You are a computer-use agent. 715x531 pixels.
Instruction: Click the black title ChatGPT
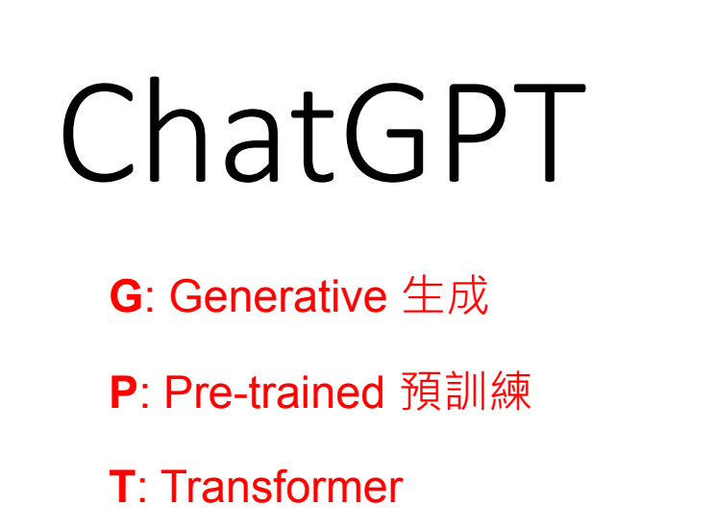pyautogui.click(x=324, y=130)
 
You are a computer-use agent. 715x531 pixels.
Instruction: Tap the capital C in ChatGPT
pyautogui.click(x=98, y=133)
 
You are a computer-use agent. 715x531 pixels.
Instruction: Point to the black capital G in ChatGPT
pyautogui.click(x=385, y=133)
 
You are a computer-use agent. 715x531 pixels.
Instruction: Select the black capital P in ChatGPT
pyautogui.click(x=477, y=133)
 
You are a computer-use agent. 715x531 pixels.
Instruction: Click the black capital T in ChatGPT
pyautogui.click(x=550, y=133)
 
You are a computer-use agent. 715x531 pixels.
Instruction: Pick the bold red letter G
pyautogui.click(x=126, y=296)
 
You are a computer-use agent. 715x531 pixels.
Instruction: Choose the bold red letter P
pyautogui.click(x=123, y=392)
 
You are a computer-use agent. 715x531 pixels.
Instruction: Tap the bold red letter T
pyautogui.click(x=123, y=487)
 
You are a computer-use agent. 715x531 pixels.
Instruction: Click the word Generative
pyautogui.click(x=278, y=296)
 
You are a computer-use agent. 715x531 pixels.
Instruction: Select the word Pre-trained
pyautogui.click(x=274, y=392)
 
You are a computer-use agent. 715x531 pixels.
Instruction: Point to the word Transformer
pyautogui.click(x=282, y=486)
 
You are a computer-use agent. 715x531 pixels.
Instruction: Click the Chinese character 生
pyautogui.click(x=423, y=294)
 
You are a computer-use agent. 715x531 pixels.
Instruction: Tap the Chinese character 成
pyautogui.click(x=468, y=295)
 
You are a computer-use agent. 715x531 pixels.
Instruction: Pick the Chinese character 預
pyautogui.click(x=420, y=391)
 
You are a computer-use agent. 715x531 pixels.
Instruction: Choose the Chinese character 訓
pyautogui.click(x=465, y=391)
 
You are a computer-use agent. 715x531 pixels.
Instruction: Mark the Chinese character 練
pyautogui.click(x=510, y=391)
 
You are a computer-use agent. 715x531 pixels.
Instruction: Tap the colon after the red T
pyautogui.click(x=142, y=491)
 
